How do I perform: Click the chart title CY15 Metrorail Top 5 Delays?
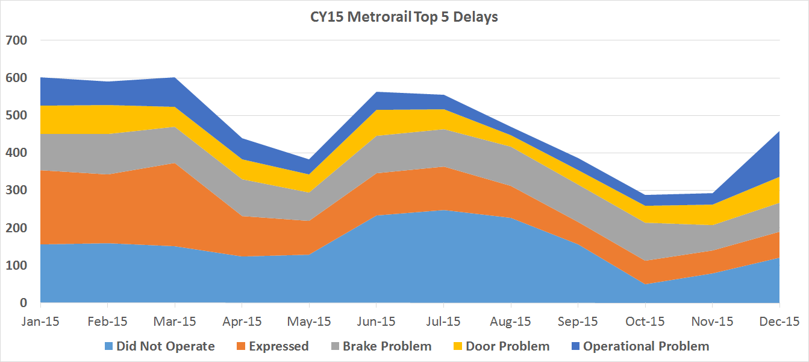coord(404,17)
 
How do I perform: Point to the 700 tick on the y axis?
coord(16,40)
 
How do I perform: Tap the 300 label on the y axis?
coord(16,190)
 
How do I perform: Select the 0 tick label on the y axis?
coord(23,302)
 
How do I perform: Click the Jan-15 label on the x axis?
coord(40,322)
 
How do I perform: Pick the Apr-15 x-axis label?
coord(242,322)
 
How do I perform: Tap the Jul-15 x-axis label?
coord(443,322)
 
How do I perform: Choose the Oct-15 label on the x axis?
coord(645,322)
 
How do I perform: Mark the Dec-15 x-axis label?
coord(779,322)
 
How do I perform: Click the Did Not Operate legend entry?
coord(160,346)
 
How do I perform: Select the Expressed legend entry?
coord(273,346)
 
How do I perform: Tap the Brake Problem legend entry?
coord(381,346)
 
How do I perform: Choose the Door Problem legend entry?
coord(502,346)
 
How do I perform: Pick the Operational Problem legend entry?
coord(640,346)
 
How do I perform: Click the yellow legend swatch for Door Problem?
coord(458,346)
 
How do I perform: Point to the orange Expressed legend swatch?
coord(240,346)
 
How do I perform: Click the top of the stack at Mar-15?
coord(175,77)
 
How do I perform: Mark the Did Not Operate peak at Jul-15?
coord(443,210)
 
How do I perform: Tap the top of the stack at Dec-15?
coord(779,132)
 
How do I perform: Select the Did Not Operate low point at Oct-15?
coord(645,284)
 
